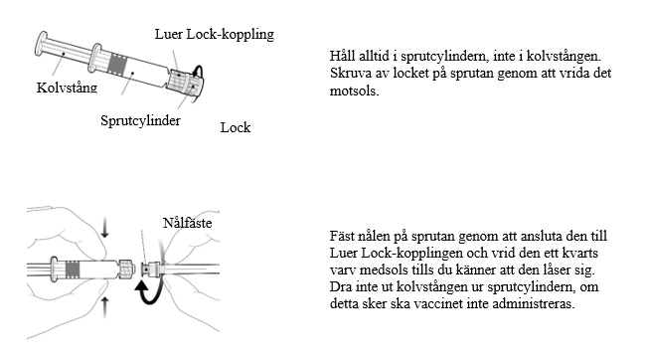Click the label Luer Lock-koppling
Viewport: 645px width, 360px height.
pos(215,34)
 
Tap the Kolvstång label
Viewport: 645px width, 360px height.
pos(67,88)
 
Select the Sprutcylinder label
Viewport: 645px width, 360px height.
pos(141,120)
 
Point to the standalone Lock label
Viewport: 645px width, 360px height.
pos(236,127)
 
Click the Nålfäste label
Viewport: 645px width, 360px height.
pos(187,223)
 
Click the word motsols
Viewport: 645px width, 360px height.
pos(354,90)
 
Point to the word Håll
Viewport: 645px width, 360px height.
pos(342,56)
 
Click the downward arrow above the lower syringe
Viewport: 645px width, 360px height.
pos(105,229)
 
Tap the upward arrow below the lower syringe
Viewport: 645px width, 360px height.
pos(105,307)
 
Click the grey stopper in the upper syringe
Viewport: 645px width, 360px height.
pos(118,66)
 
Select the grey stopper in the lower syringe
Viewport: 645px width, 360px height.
pos(73,270)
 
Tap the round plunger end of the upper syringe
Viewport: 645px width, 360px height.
pos(41,44)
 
